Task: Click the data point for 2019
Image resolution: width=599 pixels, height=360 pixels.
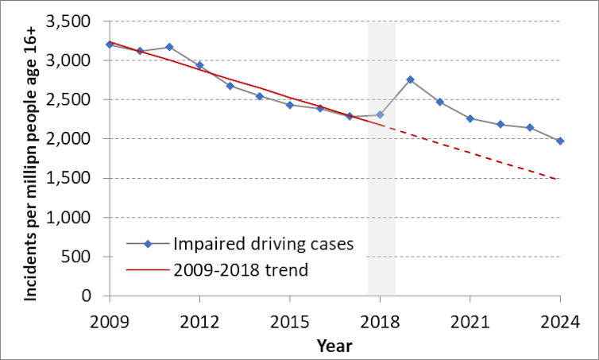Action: point(410,79)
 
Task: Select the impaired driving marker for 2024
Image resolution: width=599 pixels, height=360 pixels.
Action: point(560,141)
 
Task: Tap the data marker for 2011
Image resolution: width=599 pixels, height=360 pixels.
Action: point(169,47)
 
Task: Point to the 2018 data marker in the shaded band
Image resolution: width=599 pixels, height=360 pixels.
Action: point(380,114)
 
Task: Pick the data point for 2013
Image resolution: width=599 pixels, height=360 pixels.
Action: point(230,86)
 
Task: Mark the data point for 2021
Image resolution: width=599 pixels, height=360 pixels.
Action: point(470,118)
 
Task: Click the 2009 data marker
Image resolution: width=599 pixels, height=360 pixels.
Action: point(109,45)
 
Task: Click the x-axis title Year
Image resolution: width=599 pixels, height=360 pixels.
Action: point(334,345)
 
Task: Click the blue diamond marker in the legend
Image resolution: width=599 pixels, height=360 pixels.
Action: point(148,243)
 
